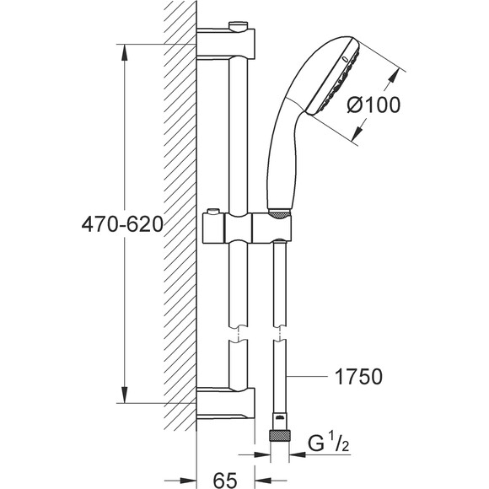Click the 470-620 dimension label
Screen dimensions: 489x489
tap(122, 224)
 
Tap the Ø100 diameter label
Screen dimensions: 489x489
tap(373, 105)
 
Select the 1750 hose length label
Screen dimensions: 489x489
tap(358, 376)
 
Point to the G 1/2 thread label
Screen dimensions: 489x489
tap(329, 443)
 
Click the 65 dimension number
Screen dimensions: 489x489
tap(225, 480)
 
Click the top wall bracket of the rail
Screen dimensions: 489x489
tap(226, 43)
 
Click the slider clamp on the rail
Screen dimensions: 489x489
tap(247, 228)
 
